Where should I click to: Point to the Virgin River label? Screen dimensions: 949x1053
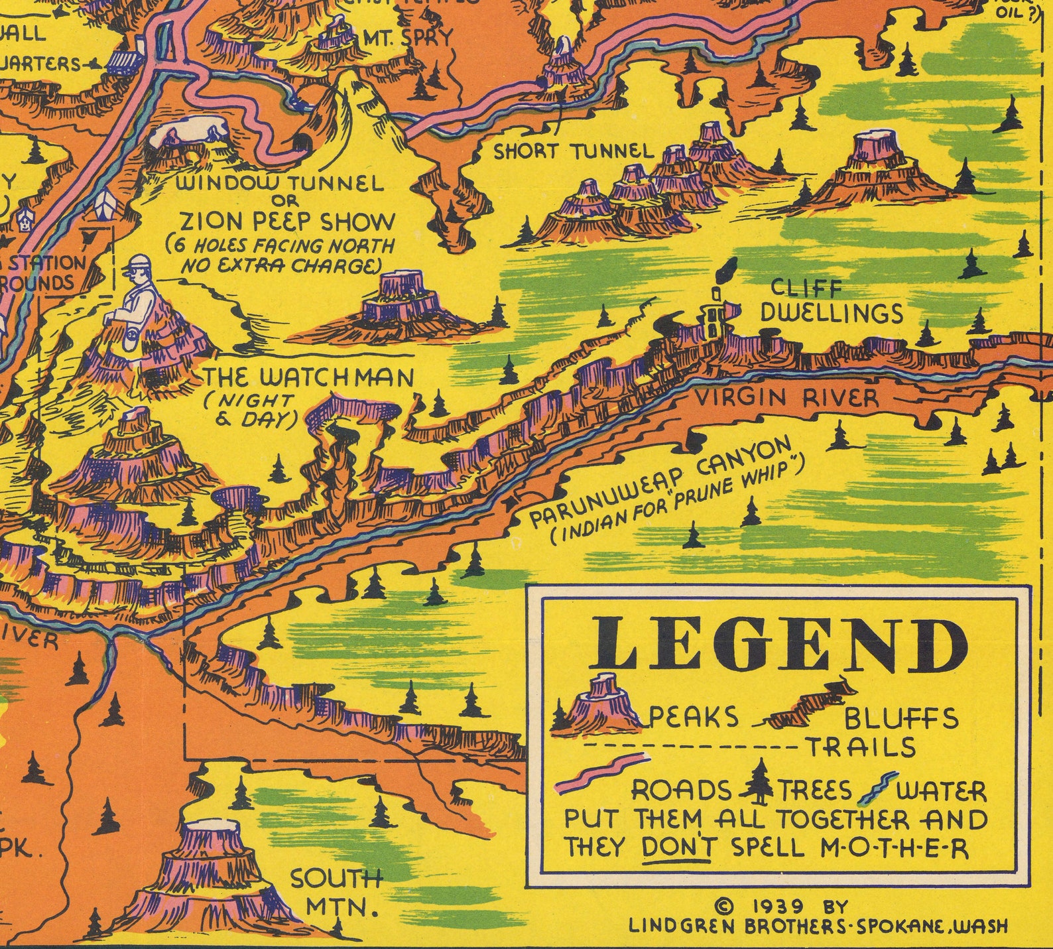[x=786, y=398]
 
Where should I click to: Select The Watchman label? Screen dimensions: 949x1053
[x=308, y=378]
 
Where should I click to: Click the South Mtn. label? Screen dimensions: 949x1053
[x=337, y=892]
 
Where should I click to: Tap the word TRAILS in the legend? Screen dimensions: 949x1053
[x=860, y=747]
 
